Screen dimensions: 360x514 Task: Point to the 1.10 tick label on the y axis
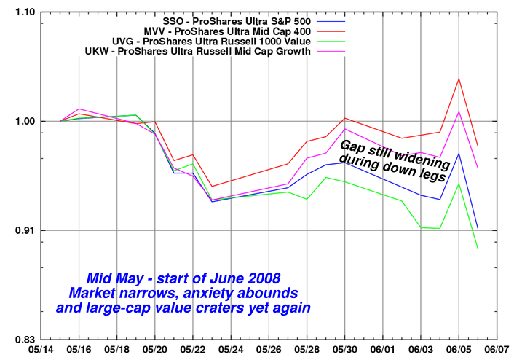click(23, 12)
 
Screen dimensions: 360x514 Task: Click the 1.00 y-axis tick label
click(23, 121)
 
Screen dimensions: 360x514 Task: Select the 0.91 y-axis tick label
click(23, 231)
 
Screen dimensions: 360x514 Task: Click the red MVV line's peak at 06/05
click(459, 78)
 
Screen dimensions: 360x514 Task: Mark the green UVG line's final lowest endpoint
click(478, 249)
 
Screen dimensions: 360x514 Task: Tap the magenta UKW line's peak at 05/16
click(79, 109)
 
